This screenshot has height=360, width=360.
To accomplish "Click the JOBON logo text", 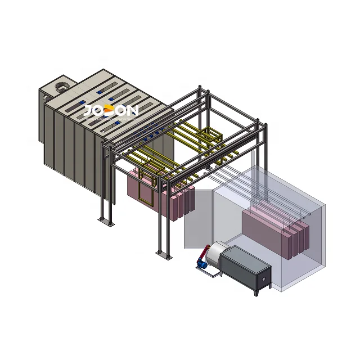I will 110,111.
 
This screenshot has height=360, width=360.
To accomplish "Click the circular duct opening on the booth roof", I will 61,87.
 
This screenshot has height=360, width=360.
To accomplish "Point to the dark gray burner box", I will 245,268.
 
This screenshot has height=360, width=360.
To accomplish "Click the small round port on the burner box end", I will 263,280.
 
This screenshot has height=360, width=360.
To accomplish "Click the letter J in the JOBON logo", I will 88,111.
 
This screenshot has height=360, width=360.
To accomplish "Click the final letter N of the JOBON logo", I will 132,111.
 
